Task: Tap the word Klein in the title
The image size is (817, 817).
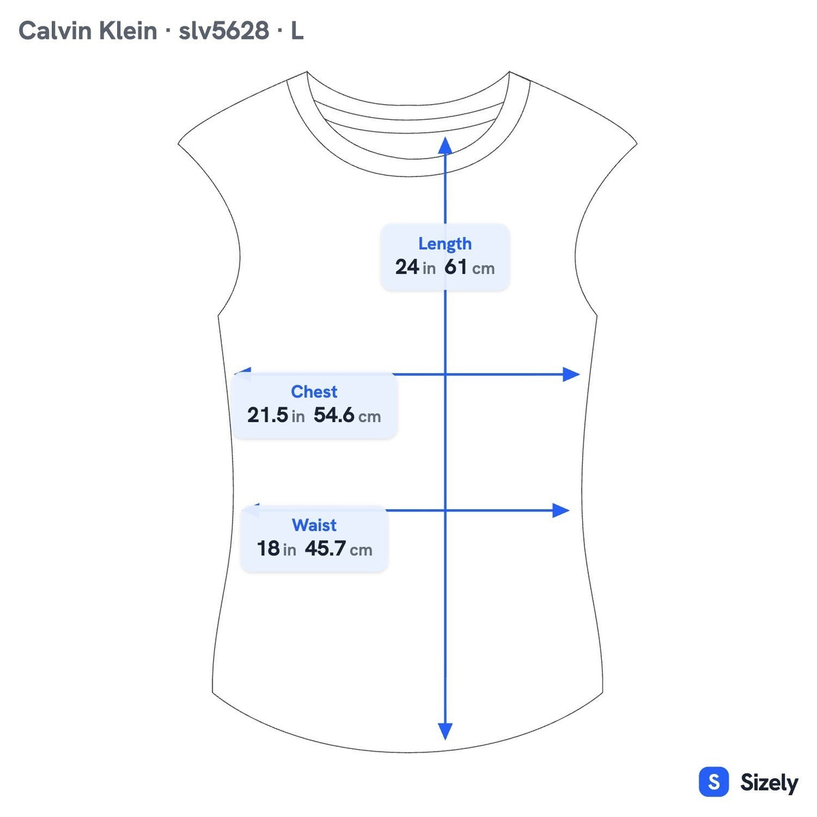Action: [127, 31]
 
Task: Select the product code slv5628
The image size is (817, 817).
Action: [224, 31]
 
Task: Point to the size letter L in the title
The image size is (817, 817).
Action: [297, 31]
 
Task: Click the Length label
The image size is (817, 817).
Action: [445, 244]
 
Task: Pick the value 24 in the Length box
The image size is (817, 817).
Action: [406, 267]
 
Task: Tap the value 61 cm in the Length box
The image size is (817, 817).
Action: [469, 267]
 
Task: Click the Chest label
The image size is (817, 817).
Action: [314, 391]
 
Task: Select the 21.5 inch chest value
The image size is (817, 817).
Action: [276, 415]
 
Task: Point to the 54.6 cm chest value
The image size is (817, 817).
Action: [347, 415]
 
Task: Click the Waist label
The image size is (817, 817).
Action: [314, 525]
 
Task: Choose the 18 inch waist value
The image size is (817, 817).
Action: [276, 548]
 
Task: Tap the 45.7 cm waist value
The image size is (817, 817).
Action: [338, 548]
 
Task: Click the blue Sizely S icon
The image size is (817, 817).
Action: [714, 782]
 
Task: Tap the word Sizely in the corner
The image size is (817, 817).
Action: [769, 782]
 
